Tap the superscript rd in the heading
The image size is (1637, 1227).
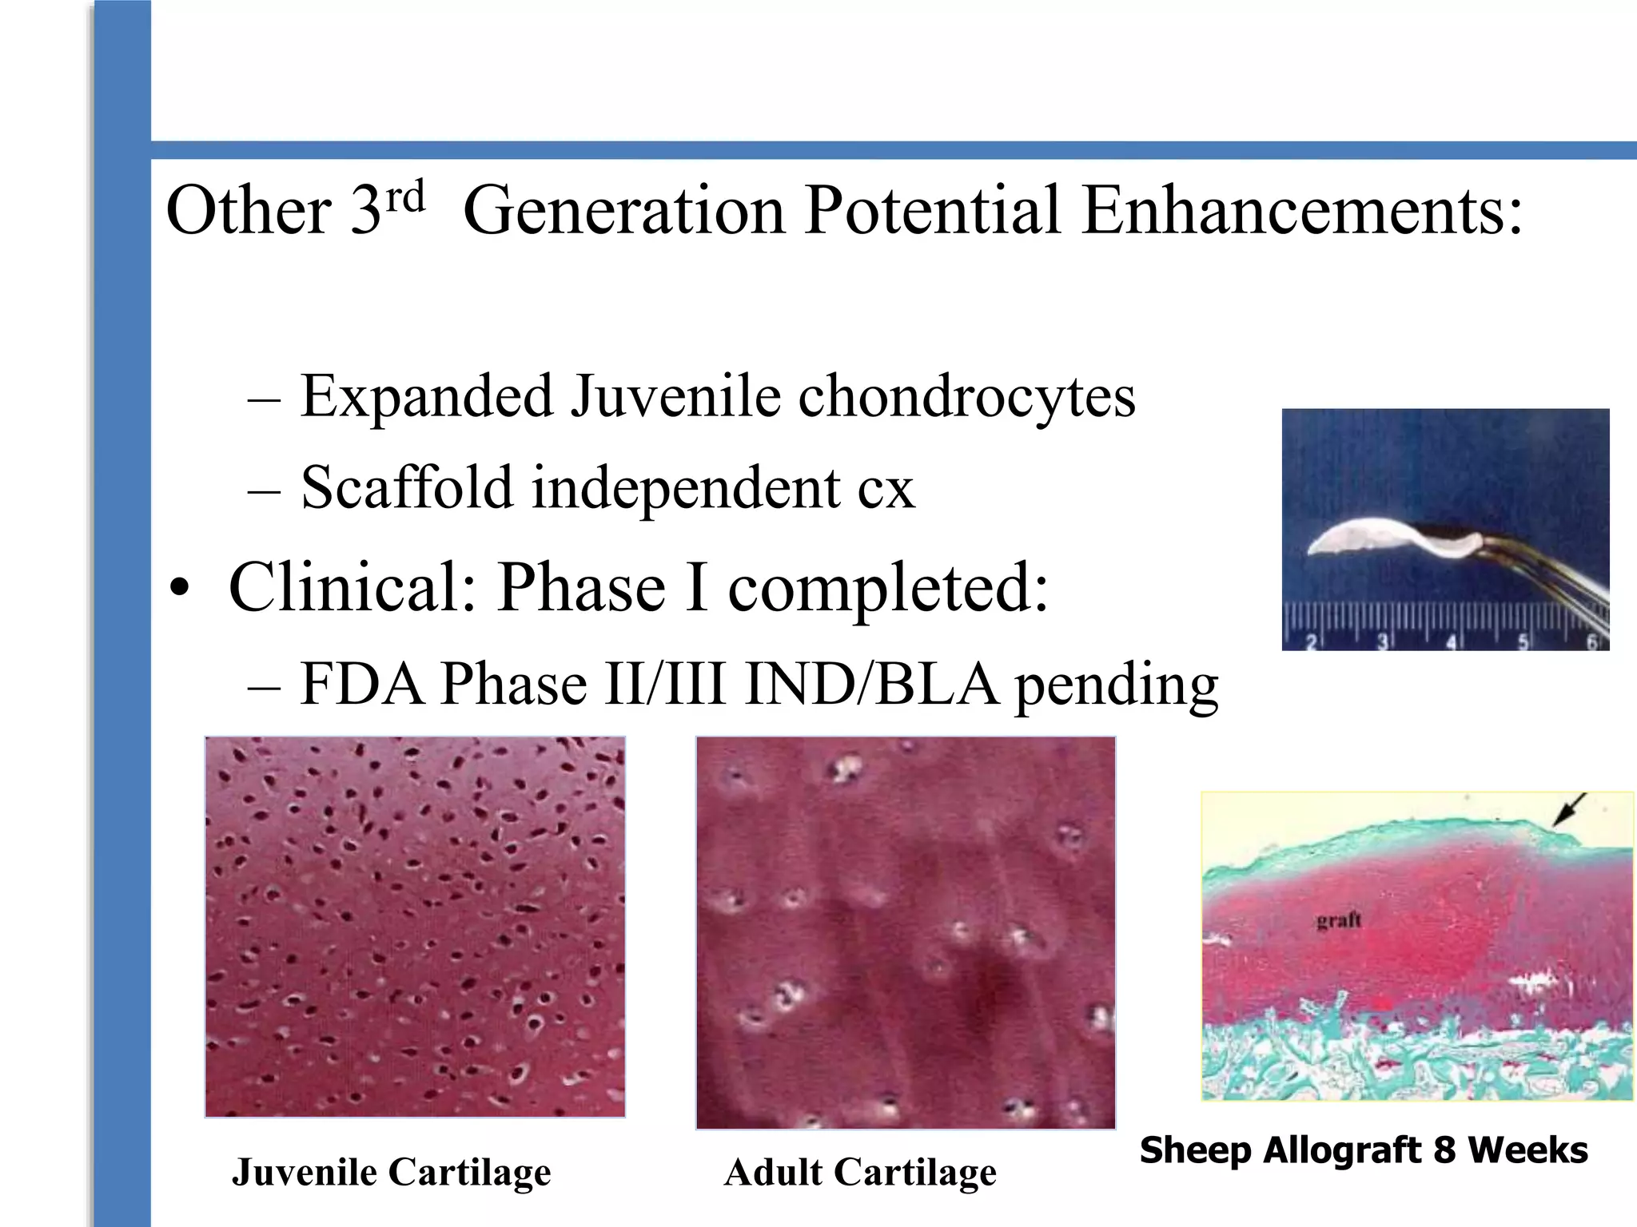[x=405, y=196]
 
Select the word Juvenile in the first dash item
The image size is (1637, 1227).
[x=674, y=396]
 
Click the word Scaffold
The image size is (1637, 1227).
[x=406, y=487]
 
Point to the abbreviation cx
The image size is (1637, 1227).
[x=886, y=489]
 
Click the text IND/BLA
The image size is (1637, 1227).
[x=871, y=685]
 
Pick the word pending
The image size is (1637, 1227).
[x=1117, y=687]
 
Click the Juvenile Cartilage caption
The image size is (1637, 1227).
[x=391, y=1173]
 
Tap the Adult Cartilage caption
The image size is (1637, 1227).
[x=860, y=1173]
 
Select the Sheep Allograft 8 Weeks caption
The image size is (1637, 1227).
[x=1364, y=1150]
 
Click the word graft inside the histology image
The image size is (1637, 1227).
[x=1338, y=920]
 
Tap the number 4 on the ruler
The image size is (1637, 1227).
[x=1451, y=641]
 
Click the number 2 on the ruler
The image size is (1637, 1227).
[x=1311, y=641]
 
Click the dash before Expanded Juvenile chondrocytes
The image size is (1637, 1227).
[x=264, y=398]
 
